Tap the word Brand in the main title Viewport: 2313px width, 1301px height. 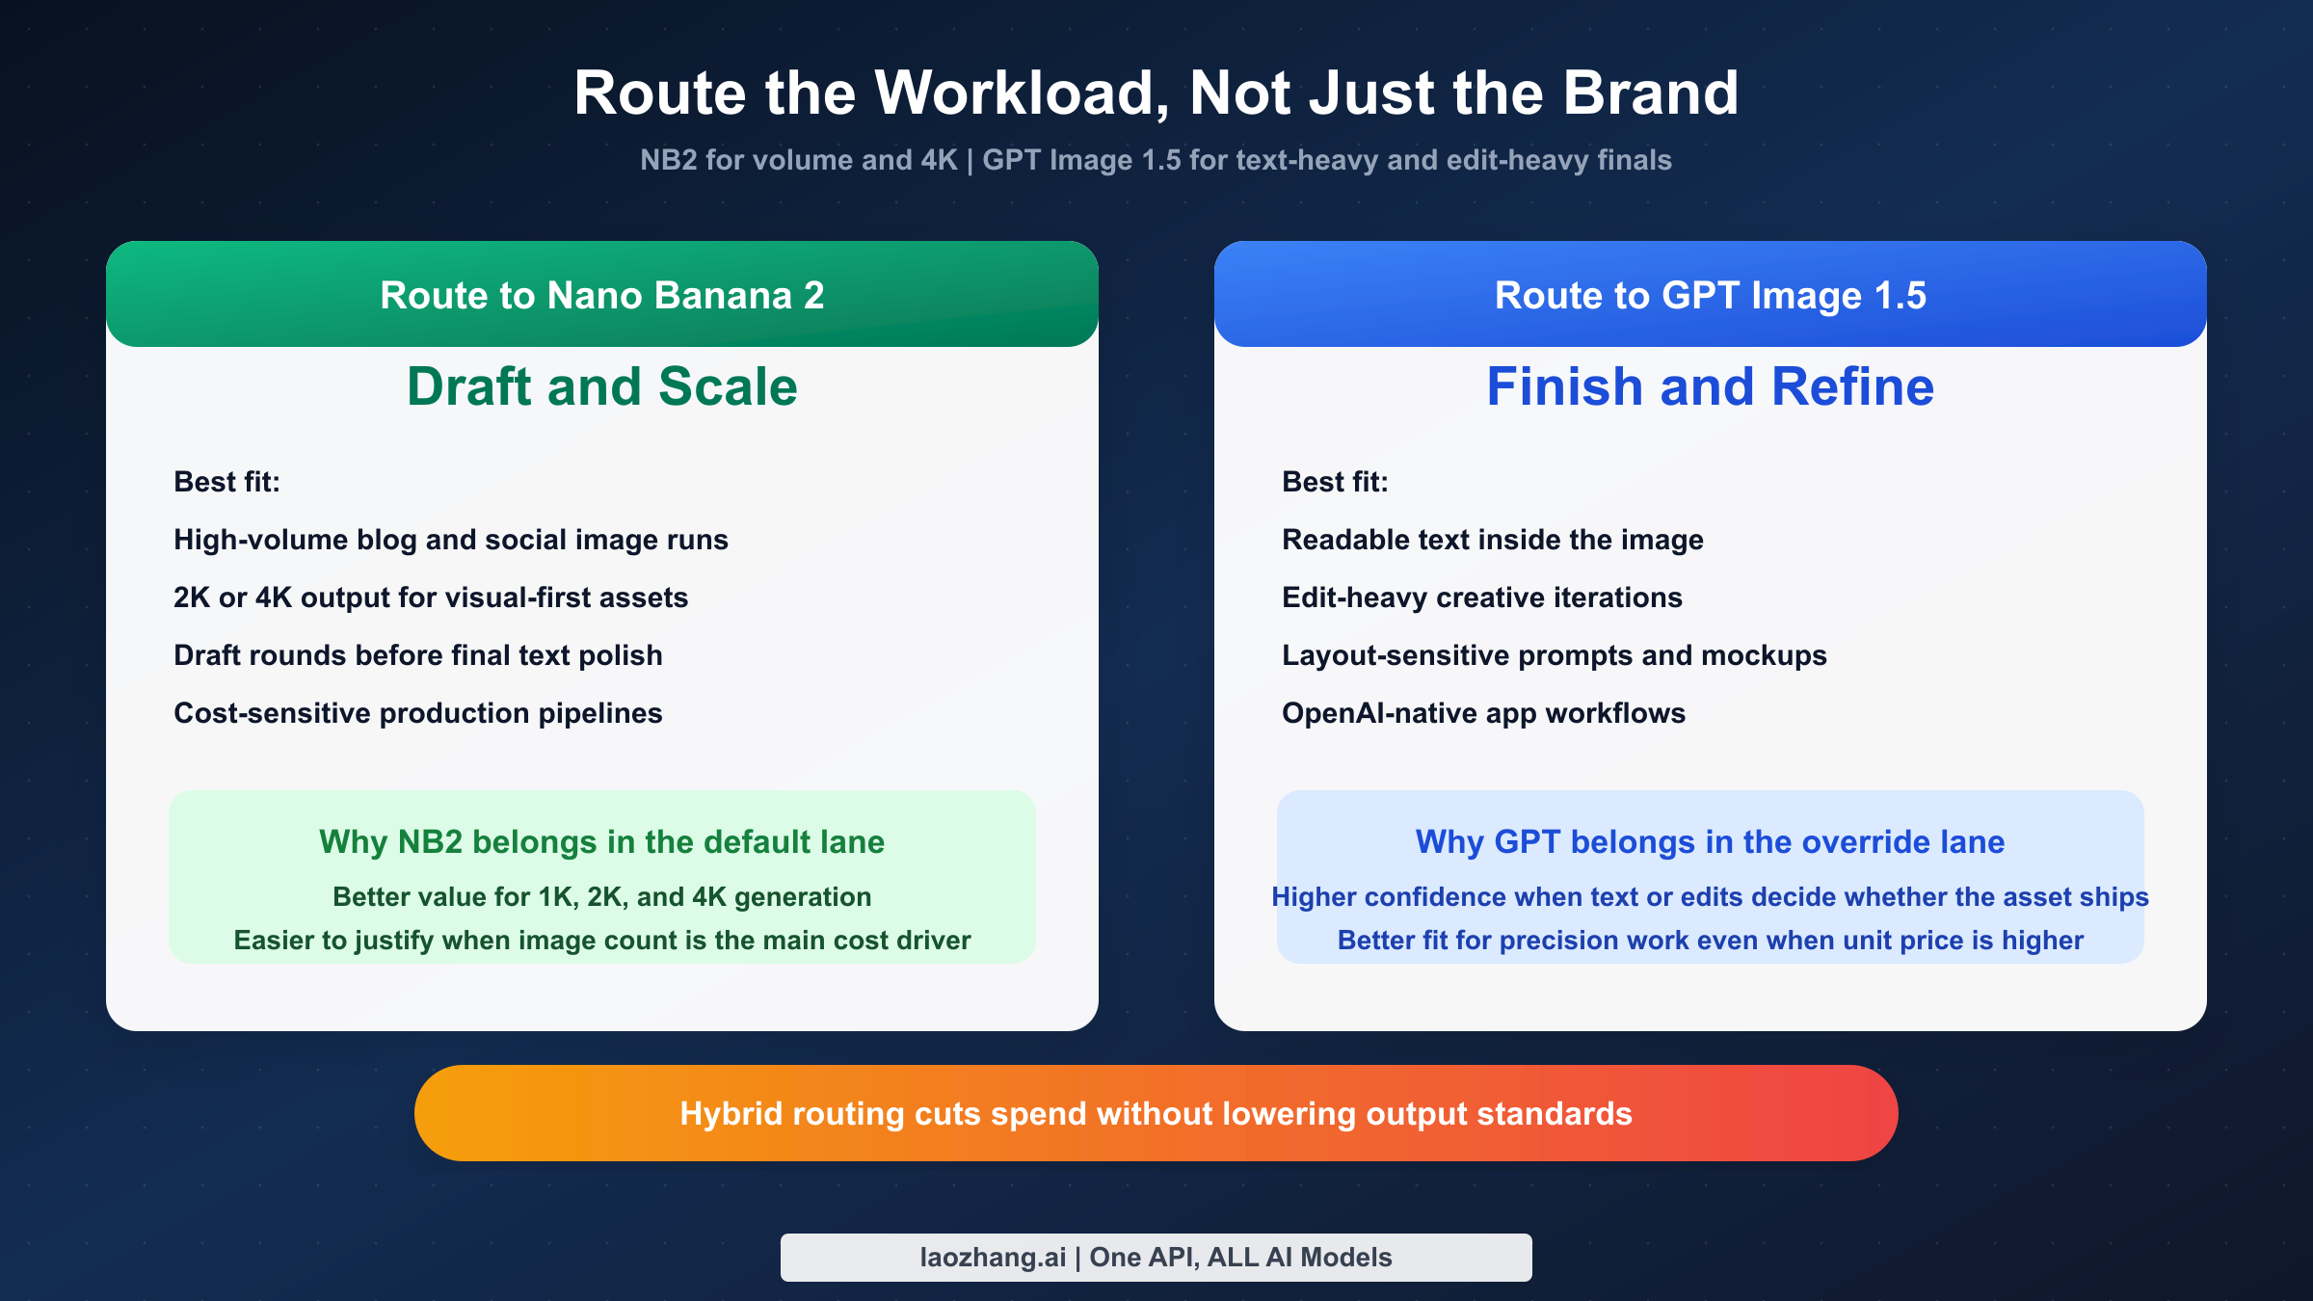tap(1650, 93)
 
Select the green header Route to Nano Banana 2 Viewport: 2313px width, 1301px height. tap(602, 295)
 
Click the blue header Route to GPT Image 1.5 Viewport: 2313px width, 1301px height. tap(1710, 295)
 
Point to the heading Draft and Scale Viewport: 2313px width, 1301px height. tap(602, 386)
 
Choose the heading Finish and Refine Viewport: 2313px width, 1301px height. tap(1710, 386)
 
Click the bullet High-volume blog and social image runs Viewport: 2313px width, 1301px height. tap(450, 540)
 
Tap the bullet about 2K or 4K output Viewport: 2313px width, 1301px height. tap(430, 597)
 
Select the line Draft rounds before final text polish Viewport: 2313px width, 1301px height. tap(417, 655)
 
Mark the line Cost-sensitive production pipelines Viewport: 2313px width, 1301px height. tap(417, 713)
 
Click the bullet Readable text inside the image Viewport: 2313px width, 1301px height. tap(1492, 540)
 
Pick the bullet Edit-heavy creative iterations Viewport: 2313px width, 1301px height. tap(1481, 597)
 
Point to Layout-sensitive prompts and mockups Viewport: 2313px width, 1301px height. tap(1554, 655)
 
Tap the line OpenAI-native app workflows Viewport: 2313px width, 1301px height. tap(1483, 713)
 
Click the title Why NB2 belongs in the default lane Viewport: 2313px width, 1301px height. tap(601, 842)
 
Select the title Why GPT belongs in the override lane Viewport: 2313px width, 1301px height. tap(1710, 842)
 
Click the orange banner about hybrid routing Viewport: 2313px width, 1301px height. tap(1156, 1113)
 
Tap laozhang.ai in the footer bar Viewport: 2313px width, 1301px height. tap(993, 1258)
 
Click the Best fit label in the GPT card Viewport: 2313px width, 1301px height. tap(1335, 482)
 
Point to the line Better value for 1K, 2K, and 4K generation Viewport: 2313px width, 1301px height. tap(601, 897)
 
